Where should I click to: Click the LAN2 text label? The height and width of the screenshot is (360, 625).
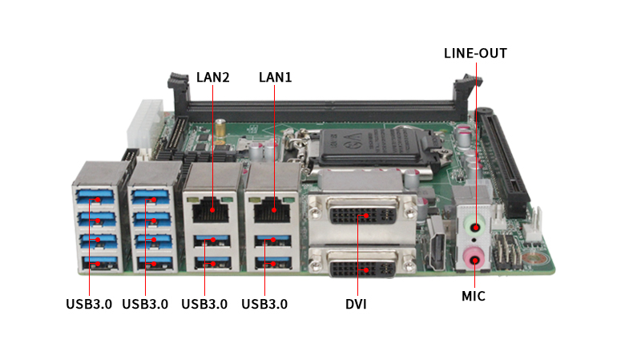pyautogui.click(x=212, y=78)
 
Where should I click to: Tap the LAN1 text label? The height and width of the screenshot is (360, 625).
pyautogui.click(x=275, y=78)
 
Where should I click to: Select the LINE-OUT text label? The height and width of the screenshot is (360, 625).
pyautogui.click(x=475, y=54)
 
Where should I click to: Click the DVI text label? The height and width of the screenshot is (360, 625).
pyautogui.click(x=356, y=304)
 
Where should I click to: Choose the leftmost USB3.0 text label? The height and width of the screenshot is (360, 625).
pyautogui.click(x=88, y=304)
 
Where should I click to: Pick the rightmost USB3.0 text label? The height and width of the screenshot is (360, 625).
pyautogui.click(x=264, y=304)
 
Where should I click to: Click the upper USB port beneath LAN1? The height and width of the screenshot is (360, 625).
pyautogui.click(x=272, y=240)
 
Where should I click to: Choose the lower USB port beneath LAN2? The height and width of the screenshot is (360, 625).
pyautogui.click(x=209, y=262)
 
